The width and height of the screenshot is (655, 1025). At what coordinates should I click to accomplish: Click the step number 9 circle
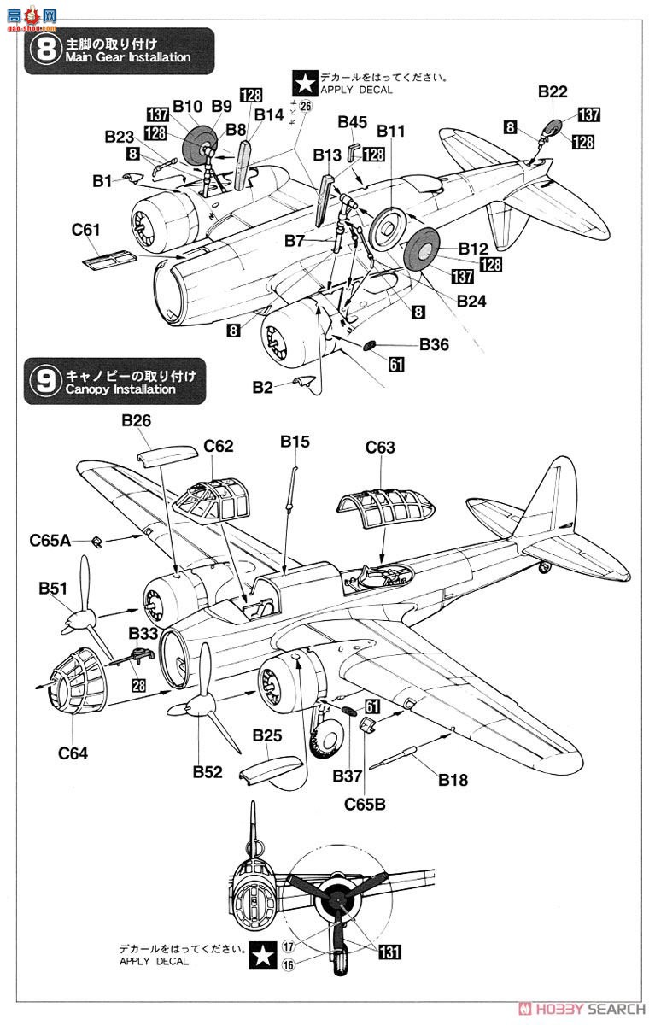[41, 381]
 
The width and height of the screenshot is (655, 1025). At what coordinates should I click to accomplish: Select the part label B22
[553, 92]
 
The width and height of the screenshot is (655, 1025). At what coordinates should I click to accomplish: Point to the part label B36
[434, 344]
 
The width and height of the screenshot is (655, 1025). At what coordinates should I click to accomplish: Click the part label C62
[218, 446]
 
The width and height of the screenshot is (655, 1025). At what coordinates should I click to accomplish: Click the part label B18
[453, 779]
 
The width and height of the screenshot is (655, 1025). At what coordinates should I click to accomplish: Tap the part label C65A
[50, 540]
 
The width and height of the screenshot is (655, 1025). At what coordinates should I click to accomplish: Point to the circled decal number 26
[306, 107]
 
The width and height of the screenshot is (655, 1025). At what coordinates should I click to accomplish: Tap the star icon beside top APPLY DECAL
[304, 83]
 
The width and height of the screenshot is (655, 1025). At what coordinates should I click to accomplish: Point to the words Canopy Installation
[119, 389]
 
